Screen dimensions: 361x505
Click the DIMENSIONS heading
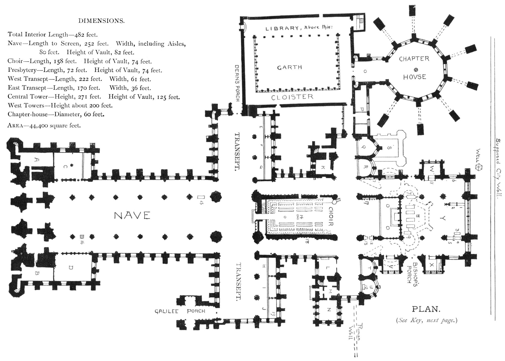pyautogui.click(x=101, y=21)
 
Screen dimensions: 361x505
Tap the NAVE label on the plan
pyautogui.click(x=132, y=216)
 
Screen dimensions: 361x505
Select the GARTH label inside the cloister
pyautogui.click(x=289, y=68)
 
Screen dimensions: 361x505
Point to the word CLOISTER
pyautogui.click(x=292, y=97)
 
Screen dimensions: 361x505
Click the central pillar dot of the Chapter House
pyautogui.click(x=416, y=70)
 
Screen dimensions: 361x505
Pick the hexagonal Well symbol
pyautogui.click(x=478, y=167)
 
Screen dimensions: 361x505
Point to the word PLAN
pyautogui.click(x=426, y=309)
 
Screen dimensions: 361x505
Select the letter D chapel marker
pyautogui.click(x=71, y=267)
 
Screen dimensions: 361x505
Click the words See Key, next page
pyautogui.click(x=426, y=320)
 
